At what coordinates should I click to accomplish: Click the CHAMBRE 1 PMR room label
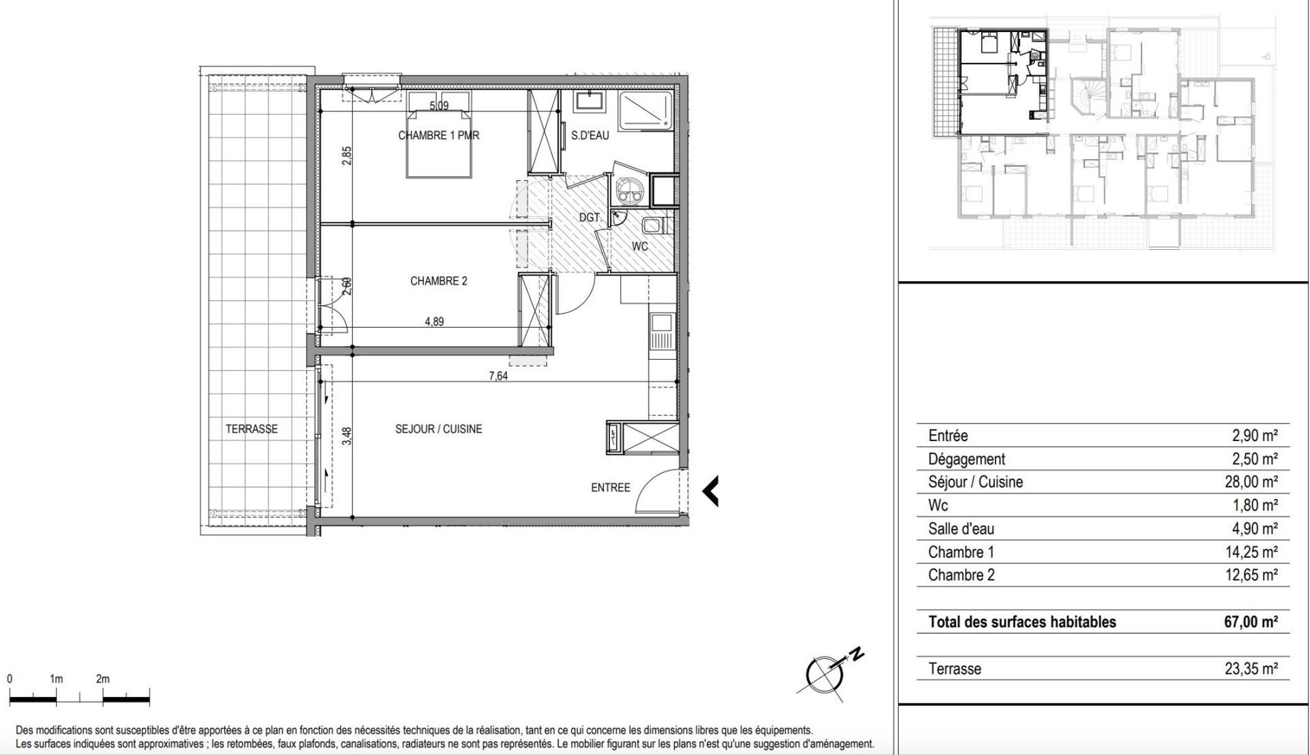click(x=438, y=135)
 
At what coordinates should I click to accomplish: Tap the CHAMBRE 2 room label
click(x=438, y=281)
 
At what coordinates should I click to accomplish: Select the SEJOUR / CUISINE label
click(x=438, y=429)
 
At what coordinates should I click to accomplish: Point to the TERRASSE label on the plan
click(x=252, y=429)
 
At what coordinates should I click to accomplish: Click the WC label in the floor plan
click(x=640, y=247)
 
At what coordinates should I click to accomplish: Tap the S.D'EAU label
click(x=590, y=135)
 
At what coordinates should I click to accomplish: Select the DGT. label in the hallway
click(x=590, y=218)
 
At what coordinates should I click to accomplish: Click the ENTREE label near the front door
click(x=610, y=488)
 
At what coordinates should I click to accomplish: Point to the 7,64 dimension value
click(x=498, y=376)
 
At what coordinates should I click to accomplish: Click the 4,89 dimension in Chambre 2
click(x=435, y=322)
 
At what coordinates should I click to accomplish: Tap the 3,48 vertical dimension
click(x=347, y=436)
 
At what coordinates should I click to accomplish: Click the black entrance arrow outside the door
click(x=711, y=491)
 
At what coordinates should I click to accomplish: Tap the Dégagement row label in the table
click(x=967, y=459)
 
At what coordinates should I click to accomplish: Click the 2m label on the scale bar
click(x=103, y=679)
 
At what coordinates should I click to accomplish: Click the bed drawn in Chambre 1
click(x=438, y=135)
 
